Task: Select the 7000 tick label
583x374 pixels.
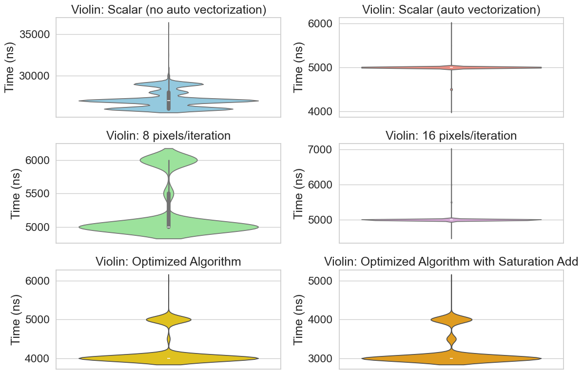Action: (x=321, y=149)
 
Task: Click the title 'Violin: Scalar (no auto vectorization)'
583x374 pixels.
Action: (x=169, y=10)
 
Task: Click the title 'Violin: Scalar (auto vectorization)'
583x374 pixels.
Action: (x=451, y=10)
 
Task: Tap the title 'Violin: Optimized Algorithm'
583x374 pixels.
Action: (x=169, y=261)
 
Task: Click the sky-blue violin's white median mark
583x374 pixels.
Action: (x=169, y=101)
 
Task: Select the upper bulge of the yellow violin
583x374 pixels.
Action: (x=169, y=319)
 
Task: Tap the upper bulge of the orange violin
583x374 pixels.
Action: (x=451, y=319)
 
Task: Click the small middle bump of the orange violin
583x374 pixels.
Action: (x=451, y=338)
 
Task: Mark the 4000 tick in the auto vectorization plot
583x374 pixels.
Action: (x=321, y=111)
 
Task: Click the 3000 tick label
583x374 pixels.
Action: (x=321, y=358)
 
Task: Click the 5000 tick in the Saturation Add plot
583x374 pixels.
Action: (x=321, y=281)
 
